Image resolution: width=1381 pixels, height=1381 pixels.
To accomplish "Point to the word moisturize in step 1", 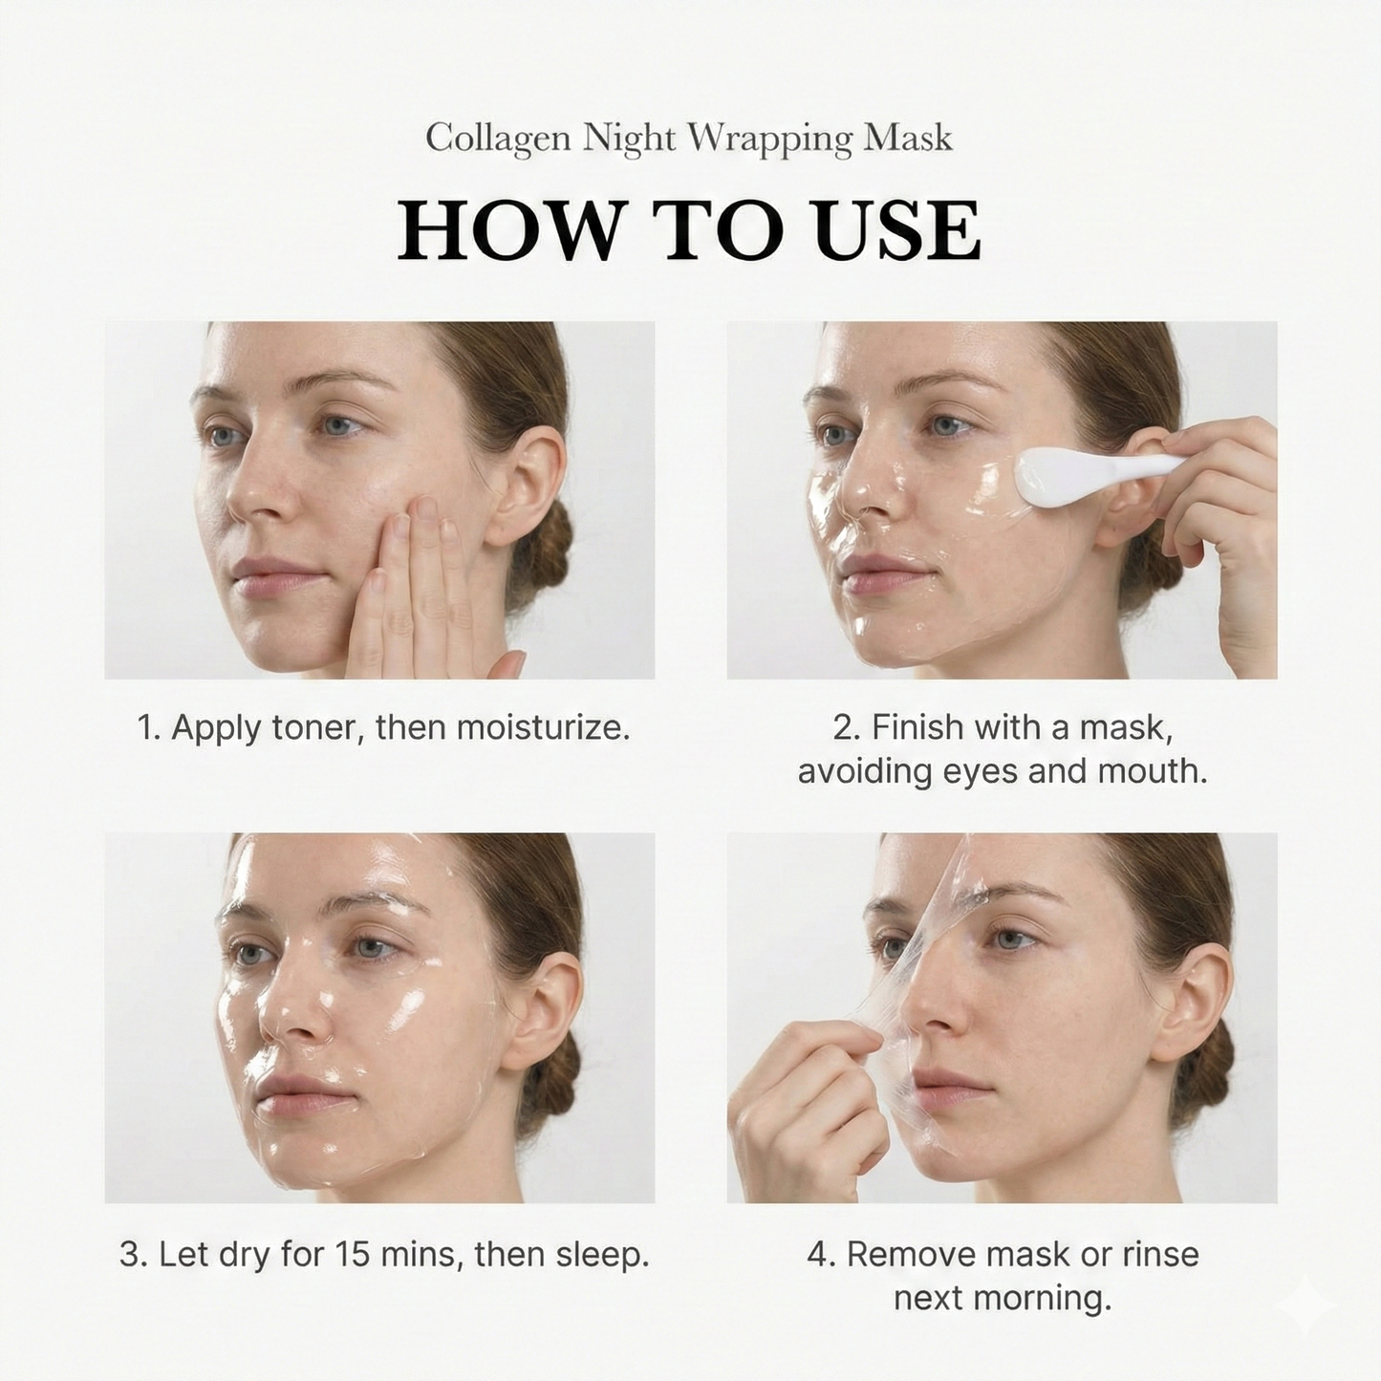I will point(542,728).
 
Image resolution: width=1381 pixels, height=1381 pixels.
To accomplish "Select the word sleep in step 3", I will point(605,1255).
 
